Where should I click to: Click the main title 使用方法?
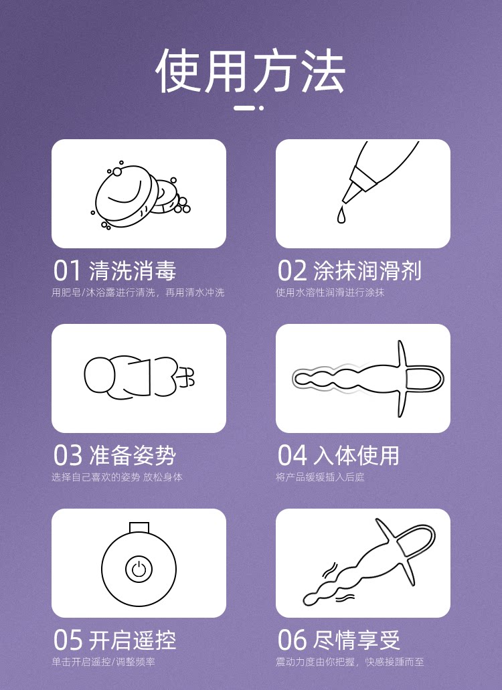click(250, 70)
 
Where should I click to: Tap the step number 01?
click(68, 270)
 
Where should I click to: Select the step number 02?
click(292, 270)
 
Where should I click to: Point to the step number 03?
click(68, 455)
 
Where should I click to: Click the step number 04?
click(292, 455)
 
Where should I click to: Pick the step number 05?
click(68, 640)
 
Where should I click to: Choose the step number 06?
click(292, 640)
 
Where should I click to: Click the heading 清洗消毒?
click(133, 270)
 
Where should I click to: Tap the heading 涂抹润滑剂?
click(367, 270)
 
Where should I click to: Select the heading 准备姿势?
click(133, 455)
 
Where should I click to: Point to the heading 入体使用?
click(356, 455)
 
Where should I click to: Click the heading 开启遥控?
click(133, 640)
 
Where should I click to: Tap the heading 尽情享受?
click(356, 640)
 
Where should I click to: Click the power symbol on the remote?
click(139, 569)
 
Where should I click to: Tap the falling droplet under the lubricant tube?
click(341, 215)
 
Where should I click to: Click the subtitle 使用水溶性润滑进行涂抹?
click(330, 292)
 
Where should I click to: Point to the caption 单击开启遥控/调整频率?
click(103, 662)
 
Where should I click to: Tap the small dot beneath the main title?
click(261, 108)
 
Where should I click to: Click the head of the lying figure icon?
click(100, 375)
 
